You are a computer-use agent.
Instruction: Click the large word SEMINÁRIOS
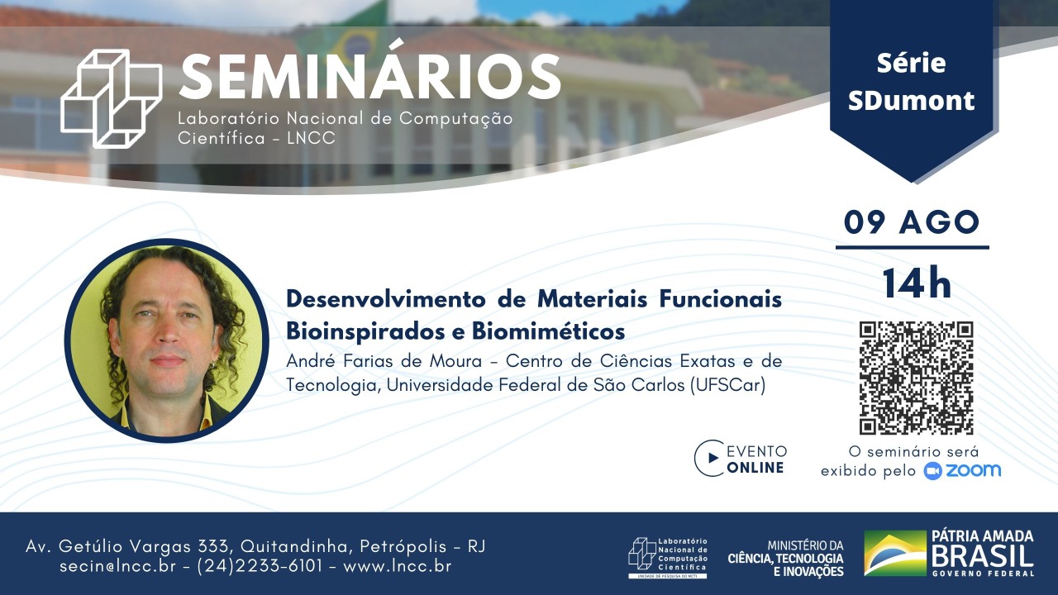369,75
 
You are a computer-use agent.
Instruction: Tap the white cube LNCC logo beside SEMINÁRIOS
112,98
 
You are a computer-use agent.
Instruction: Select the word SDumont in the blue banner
911,101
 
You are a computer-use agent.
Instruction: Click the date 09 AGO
912,222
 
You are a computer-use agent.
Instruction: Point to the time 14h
917,283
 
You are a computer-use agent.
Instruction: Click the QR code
917,378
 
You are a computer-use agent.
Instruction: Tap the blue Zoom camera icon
933,471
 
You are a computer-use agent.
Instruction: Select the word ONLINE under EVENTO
755,468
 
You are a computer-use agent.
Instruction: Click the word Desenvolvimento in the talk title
386,299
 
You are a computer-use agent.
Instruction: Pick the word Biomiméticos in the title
548,331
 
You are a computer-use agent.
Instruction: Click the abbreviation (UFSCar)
728,385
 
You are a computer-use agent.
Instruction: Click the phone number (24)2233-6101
260,566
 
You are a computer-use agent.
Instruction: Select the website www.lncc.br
398,566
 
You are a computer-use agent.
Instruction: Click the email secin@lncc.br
117,566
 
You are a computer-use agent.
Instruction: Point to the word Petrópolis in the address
403,546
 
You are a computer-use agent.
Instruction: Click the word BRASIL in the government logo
983,556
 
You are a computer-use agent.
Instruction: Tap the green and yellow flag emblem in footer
895,553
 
